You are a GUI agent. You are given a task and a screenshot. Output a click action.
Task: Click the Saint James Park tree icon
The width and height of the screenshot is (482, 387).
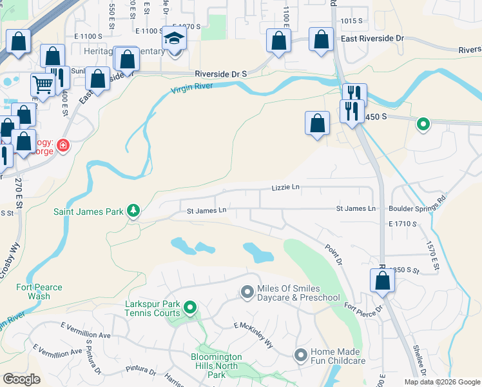(133, 210)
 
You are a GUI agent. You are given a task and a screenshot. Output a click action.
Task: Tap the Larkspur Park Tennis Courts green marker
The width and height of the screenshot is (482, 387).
(189, 308)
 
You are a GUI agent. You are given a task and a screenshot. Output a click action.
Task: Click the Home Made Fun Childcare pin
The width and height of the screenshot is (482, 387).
(300, 355)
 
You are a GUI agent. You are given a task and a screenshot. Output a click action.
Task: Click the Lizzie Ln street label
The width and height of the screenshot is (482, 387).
(285, 187)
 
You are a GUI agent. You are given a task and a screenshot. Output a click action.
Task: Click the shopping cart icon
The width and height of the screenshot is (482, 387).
(43, 84)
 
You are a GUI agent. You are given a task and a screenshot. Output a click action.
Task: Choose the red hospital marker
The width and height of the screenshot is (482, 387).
(63, 146)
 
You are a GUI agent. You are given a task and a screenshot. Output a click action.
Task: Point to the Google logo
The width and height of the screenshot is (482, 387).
(22, 379)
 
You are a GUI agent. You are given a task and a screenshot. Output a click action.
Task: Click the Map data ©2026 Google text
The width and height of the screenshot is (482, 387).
(441, 382)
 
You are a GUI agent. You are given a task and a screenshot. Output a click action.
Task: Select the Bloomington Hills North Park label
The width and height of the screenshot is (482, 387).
(217, 365)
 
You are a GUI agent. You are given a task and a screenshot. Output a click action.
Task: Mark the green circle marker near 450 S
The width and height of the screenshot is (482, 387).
(423, 123)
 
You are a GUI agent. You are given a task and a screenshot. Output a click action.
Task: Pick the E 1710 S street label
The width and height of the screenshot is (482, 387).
(403, 224)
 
